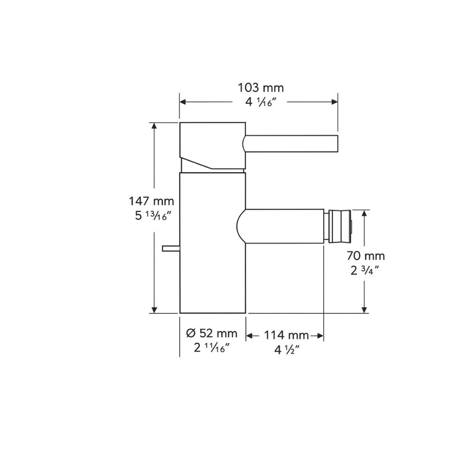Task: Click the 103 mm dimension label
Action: tap(261, 88)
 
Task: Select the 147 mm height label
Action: tap(151, 202)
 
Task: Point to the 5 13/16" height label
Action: tap(151, 216)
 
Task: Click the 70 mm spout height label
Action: tap(366, 256)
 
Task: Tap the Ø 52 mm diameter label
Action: tap(212, 333)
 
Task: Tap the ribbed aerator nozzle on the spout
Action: tap(339, 227)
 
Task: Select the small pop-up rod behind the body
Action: tap(171, 248)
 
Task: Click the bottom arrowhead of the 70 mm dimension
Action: tap(364, 310)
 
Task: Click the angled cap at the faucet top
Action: tap(212, 145)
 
